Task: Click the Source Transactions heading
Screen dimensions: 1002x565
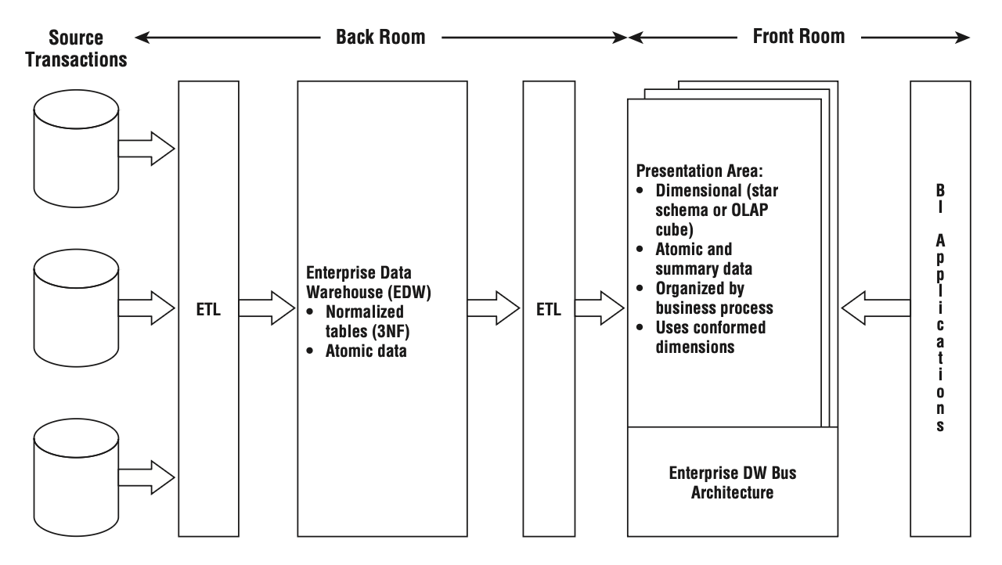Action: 76,49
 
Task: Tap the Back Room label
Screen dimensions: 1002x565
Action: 380,37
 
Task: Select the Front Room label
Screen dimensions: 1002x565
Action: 799,36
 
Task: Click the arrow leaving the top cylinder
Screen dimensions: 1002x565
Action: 146,149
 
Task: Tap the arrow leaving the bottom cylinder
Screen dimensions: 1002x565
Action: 146,477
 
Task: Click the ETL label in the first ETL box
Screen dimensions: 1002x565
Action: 208,309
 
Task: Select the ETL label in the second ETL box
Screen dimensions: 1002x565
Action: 549,309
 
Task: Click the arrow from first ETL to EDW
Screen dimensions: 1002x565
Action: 267,308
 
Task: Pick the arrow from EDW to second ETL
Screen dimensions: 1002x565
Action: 493,308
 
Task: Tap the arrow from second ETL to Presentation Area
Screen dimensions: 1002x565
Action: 600,308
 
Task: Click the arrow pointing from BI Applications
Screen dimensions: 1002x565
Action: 876,308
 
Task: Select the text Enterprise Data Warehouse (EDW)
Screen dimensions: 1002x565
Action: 369,282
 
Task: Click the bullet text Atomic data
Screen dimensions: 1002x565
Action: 366,351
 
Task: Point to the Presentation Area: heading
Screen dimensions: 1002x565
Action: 700,171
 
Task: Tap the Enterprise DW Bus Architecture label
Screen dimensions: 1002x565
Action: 733,483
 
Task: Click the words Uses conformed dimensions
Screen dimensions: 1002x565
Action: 710,337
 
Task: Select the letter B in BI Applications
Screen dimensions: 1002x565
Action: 940,190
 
